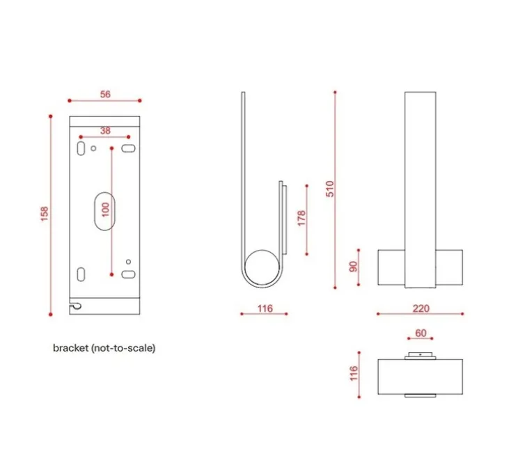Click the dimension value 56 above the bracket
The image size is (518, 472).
point(105,95)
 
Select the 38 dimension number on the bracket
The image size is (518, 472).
point(105,130)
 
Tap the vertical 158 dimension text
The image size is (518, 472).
point(44,214)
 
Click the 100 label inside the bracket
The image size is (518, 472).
point(105,210)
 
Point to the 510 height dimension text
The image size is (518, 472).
point(330,189)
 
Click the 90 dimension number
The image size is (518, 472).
point(352,266)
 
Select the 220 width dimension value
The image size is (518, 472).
point(421,308)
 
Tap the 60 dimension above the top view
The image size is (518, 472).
point(421,333)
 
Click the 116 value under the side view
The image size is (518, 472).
point(264,308)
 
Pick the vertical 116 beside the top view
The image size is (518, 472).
point(353,374)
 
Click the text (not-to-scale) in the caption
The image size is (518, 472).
point(123,348)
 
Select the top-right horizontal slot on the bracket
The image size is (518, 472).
point(128,148)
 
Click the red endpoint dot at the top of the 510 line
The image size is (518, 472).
point(336,92)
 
